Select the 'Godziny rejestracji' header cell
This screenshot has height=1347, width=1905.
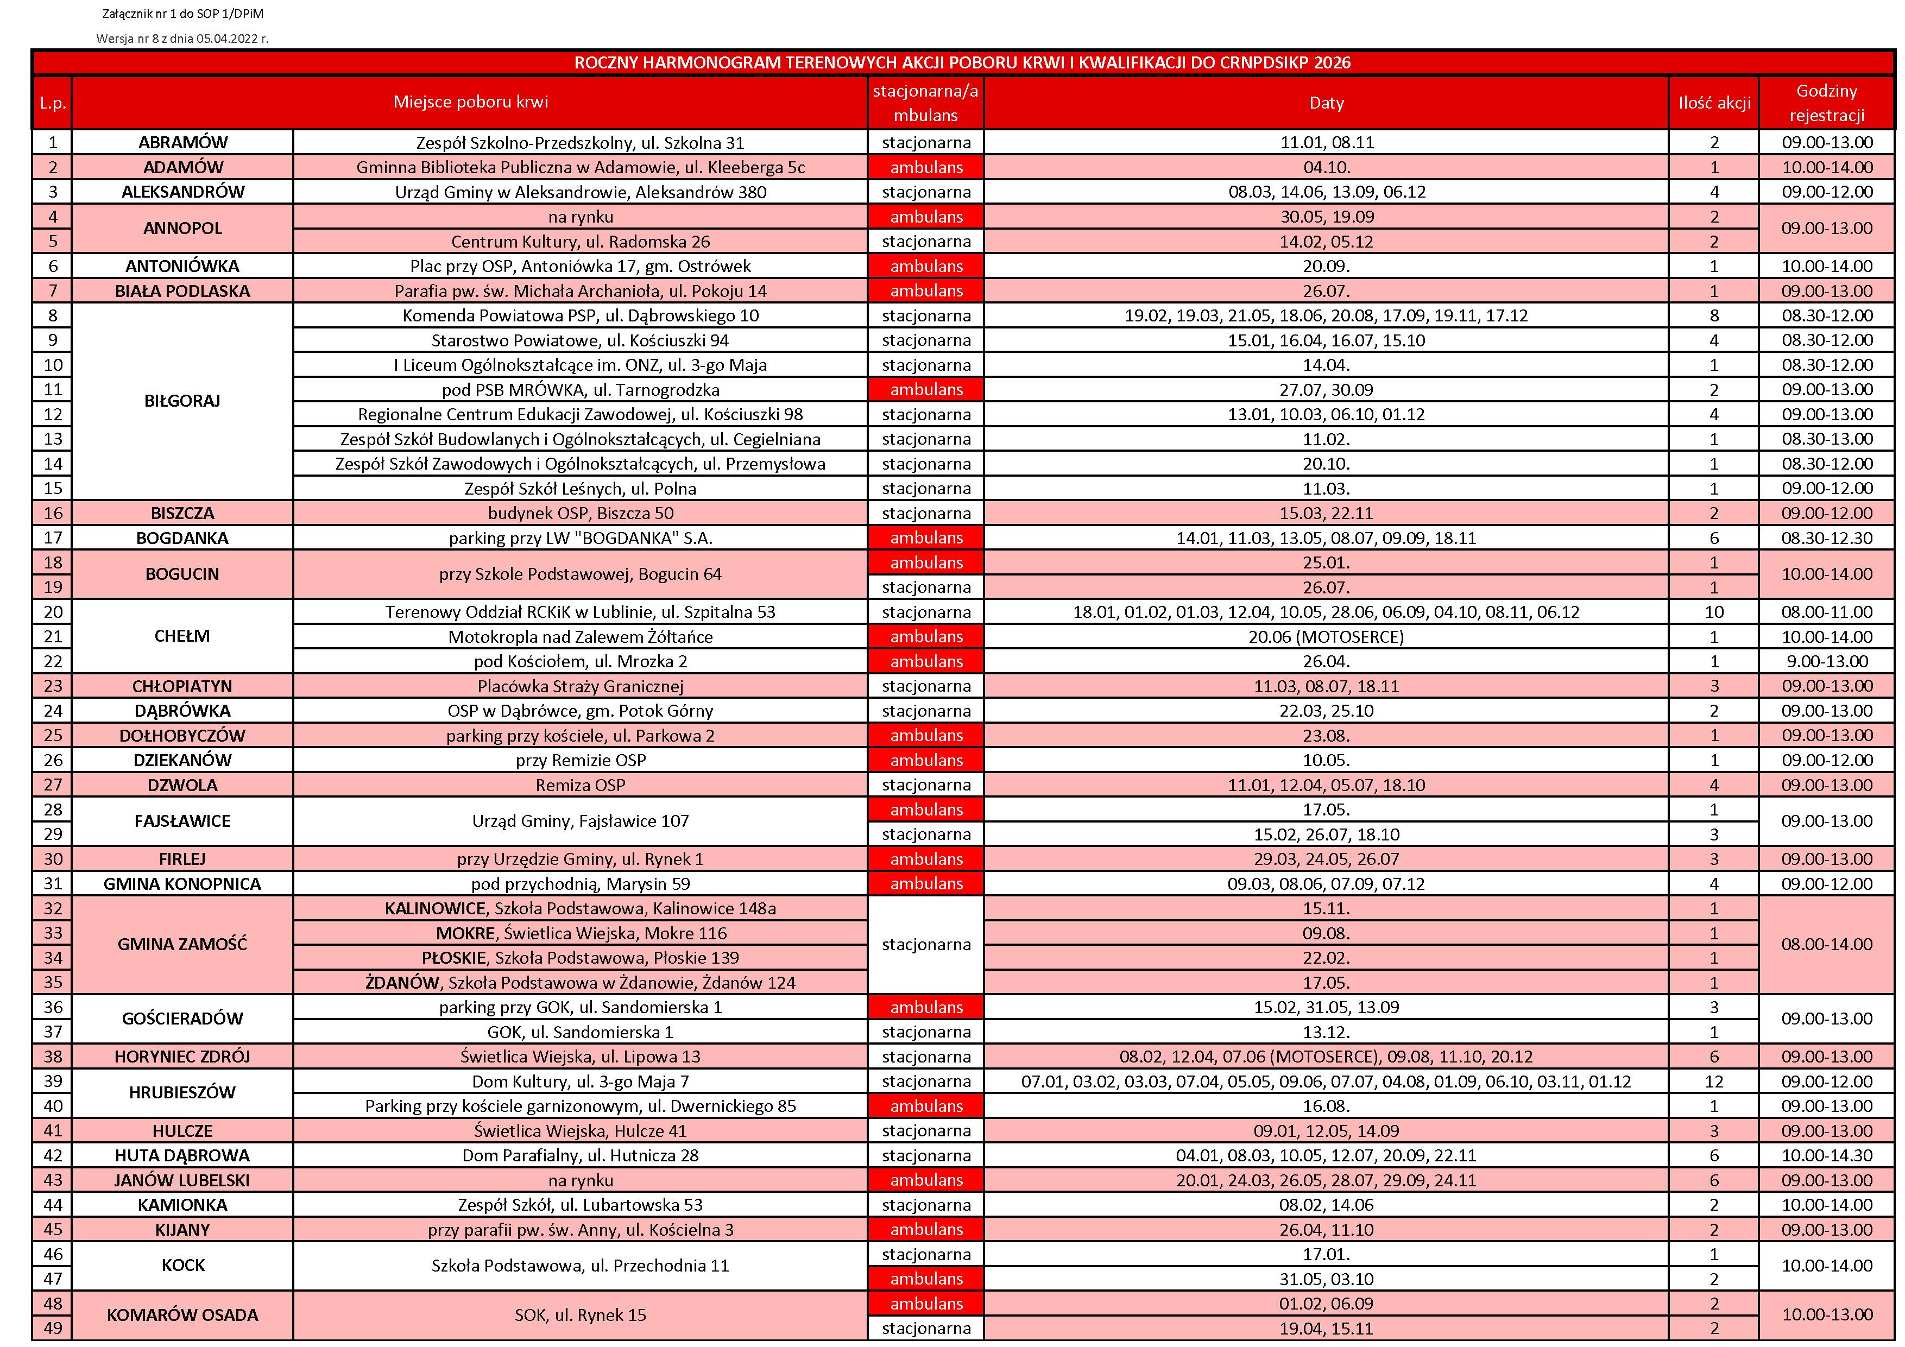pos(1826,103)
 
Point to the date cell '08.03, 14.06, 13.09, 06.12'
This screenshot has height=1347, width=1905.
pos(1326,192)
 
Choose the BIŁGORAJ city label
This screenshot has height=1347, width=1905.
pos(182,401)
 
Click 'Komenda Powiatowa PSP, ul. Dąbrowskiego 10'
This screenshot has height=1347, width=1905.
pos(580,316)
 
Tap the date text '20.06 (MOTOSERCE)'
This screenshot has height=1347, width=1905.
pos(1326,637)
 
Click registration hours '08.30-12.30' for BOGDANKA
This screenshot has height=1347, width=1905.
pos(1826,538)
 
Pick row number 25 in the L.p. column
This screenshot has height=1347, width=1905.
pos(53,736)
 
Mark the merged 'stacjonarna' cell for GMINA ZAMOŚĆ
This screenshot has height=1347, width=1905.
pos(926,945)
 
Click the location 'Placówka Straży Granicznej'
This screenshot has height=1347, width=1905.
pos(580,686)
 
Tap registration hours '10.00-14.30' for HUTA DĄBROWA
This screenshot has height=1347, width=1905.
pos(1826,1155)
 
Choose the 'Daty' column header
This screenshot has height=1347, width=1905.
pos(1326,103)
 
